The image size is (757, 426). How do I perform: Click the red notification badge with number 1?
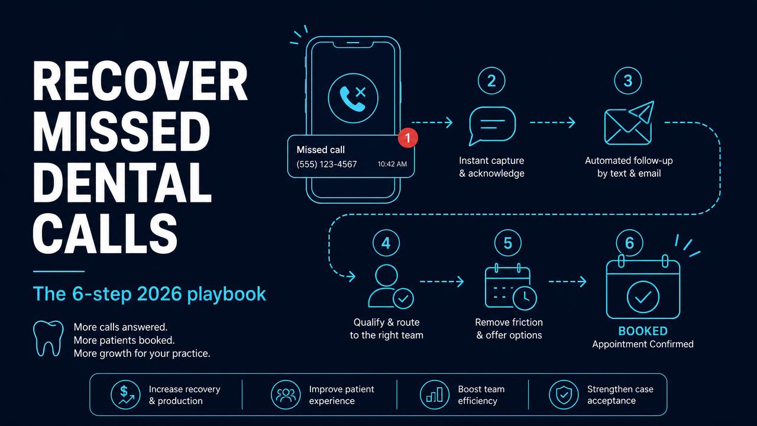[408, 138]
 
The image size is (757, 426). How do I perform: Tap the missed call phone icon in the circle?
[353, 98]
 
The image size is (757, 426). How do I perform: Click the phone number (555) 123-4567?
[326, 164]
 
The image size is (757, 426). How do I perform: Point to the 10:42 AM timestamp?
[392, 164]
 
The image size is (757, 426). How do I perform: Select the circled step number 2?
[491, 81]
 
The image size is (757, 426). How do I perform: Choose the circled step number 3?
[627, 81]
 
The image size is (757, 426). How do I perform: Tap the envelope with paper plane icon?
[629, 122]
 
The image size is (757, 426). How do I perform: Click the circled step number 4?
[386, 243]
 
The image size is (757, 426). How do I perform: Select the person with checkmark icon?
[390, 286]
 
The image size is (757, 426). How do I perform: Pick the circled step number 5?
[507, 243]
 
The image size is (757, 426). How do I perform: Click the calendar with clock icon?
[510, 287]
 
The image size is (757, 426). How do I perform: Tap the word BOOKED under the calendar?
[643, 331]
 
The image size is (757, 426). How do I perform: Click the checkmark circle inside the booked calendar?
[643, 297]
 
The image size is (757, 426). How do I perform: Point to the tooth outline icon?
[48, 338]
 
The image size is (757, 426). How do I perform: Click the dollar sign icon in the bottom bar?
[125, 395]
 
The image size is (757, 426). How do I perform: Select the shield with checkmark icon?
[564, 395]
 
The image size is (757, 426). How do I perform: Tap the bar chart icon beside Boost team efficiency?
[435, 395]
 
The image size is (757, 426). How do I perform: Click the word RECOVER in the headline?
[140, 81]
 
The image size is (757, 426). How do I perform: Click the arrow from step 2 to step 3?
[552, 122]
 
